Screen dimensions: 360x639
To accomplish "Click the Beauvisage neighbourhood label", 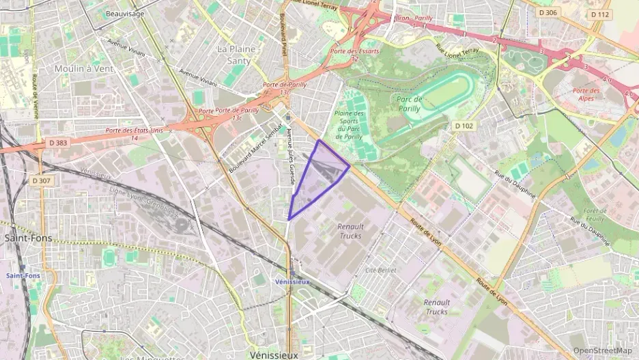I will pyautogui.click(x=126, y=13).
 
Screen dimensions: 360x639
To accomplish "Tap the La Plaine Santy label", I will pyautogui.click(x=234, y=55).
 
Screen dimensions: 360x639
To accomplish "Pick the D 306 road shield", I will pyautogui.click(x=547, y=12).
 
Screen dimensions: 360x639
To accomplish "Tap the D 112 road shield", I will pyautogui.click(x=600, y=14).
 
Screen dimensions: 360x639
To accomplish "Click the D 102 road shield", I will pyautogui.click(x=464, y=126).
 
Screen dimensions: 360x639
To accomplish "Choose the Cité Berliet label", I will pyautogui.click(x=380, y=270).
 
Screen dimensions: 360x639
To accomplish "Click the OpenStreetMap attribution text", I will pyautogui.click(x=602, y=350).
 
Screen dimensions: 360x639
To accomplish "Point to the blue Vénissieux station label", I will pyautogui.click(x=292, y=281).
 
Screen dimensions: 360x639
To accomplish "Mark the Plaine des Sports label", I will pyautogui.click(x=350, y=125).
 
